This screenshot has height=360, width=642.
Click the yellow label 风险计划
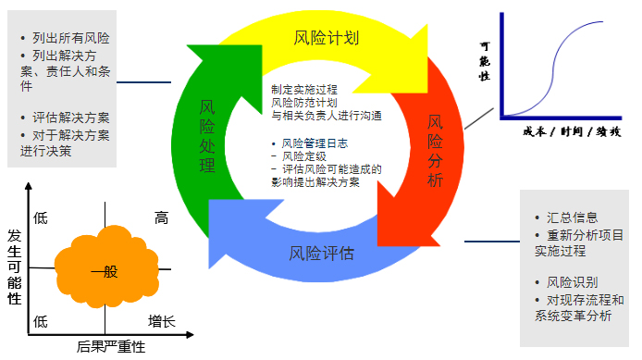pyautogui.click(x=326, y=39)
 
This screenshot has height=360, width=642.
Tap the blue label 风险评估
pyautogui.click(x=321, y=252)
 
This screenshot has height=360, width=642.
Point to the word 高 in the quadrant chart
pyautogui.click(x=161, y=218)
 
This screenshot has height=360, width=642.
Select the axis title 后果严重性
pyautogui.click(x=111, y=348)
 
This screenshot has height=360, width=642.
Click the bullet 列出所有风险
pyautogui.click(x=70, y=38)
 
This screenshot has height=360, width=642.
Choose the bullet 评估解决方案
pyautogui.click(x=70, y=118)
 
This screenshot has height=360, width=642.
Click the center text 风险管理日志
pyautogui.click(x=318, y=143)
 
